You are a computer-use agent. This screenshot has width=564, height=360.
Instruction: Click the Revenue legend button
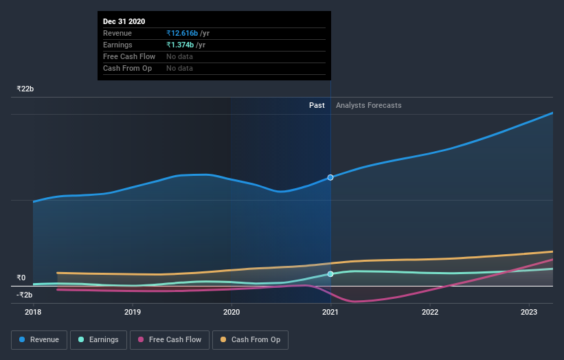click(x=40, y=339)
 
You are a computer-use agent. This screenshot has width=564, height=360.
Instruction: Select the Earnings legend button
click(x=99, y=339)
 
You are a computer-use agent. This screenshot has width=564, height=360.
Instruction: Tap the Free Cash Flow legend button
click(x=169, y=339)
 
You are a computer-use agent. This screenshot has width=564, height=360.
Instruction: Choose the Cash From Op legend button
click(x=250, y=339)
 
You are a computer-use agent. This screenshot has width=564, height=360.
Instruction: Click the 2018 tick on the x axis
click(x=33, y=312)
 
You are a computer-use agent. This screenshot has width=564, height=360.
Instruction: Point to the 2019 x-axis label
click(x=133, y=312)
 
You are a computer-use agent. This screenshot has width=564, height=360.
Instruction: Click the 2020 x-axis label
click(x=232, y=312)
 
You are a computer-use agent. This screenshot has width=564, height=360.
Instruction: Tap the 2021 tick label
click(x=330, y=312)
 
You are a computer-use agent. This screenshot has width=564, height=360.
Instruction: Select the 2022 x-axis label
click(x=430, y=312)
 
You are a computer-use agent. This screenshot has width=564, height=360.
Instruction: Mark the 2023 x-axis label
click(x=529, y=312)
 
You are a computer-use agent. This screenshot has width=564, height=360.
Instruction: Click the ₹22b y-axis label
click(x=25, y=89)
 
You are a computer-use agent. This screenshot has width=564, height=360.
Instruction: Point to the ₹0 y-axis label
click(x=21, y=278)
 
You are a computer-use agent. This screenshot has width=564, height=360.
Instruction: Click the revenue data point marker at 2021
click(x=330, y=177)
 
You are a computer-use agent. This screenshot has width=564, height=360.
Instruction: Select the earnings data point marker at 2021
click(x=330, y=274)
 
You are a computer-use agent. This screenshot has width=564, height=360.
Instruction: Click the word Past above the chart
click(x=317, y=105)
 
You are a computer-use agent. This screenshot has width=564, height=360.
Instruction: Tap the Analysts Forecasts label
click(x=369, y=105)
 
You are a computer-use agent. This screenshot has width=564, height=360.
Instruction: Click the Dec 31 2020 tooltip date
click(x=124, y=22)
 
